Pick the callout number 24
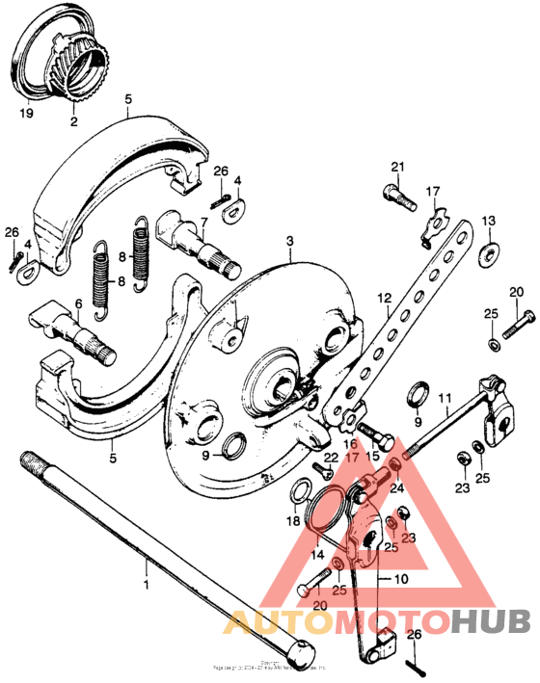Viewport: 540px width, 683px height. pyautogui.click(x=396, y=487)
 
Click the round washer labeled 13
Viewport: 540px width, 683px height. pyautogui.click(x=489, y=252)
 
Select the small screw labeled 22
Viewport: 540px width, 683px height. pyautogui.click(x=322, y=472)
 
